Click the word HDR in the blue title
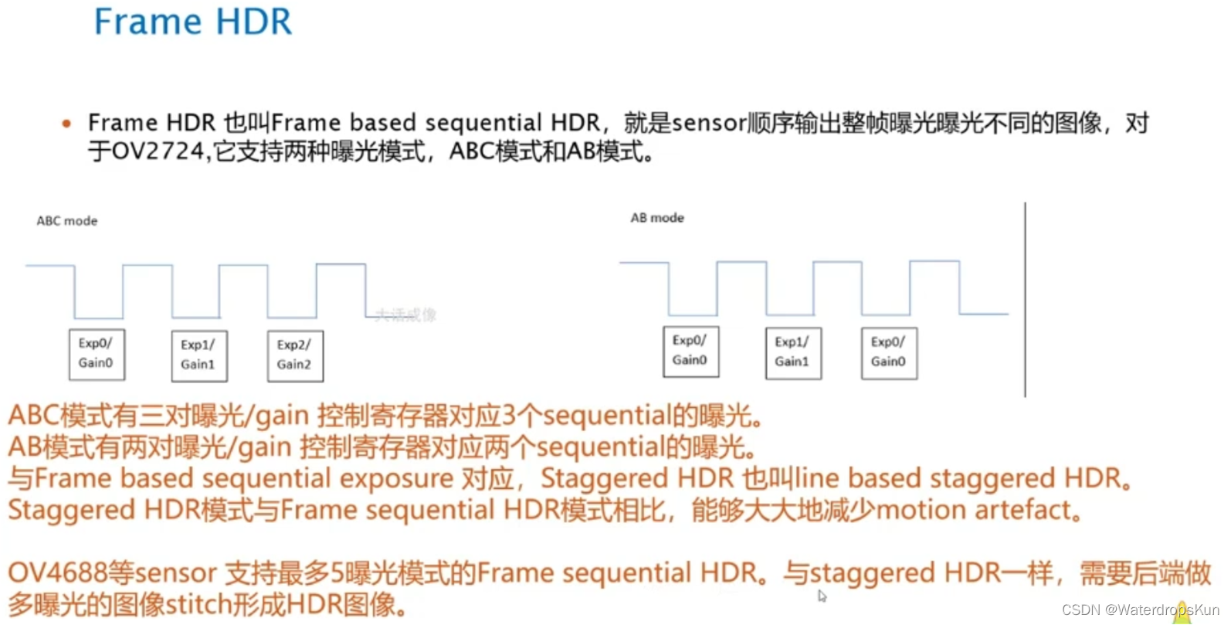253,22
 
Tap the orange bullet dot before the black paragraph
66,124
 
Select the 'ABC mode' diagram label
67,221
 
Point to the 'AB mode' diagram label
657,218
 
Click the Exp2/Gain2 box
295,355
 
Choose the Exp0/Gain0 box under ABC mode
97,355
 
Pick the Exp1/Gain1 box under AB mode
793,353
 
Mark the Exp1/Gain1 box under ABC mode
199,355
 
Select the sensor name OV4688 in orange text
57,573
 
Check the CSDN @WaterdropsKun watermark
1139,610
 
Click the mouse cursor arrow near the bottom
822,596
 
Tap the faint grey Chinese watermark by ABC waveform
406,315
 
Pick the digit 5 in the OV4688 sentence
337,573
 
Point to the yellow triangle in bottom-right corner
1182,614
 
